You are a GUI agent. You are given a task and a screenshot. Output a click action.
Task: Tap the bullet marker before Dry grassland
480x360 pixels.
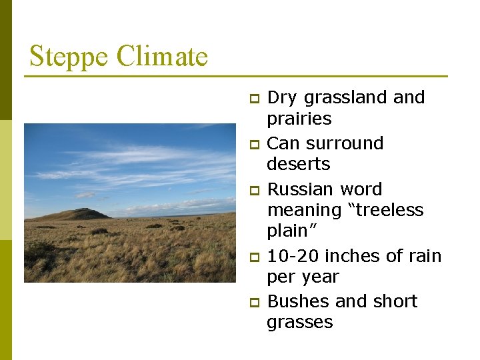(253, 99)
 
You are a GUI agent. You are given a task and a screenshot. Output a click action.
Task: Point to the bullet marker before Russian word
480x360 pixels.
(253, 191)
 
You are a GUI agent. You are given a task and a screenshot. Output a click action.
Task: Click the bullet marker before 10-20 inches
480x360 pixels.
(253, 257)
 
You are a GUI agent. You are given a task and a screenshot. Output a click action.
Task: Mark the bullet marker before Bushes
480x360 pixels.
(253, 303)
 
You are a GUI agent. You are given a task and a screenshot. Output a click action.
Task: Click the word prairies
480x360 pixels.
(299, 119)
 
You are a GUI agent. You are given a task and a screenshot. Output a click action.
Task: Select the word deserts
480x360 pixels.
(298, 164)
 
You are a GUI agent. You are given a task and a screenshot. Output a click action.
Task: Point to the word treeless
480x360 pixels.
(385, 210)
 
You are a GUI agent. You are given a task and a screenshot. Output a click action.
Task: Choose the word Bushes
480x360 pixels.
(298, 301)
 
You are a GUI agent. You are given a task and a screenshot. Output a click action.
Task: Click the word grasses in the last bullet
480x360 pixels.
(299, 323)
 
